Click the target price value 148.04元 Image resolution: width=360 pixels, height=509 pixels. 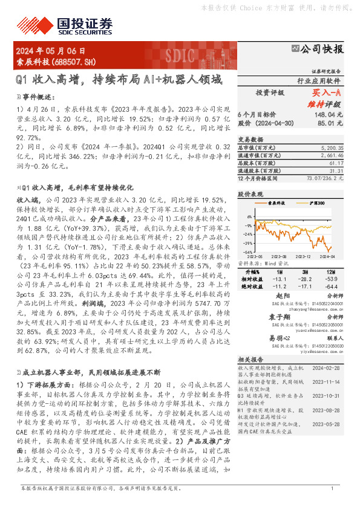click(330, 114)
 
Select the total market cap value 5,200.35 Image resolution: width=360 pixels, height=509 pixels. click(333, 147)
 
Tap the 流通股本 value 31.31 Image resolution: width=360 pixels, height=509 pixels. click(336, 171)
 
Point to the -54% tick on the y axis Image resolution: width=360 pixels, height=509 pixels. click(247, 252)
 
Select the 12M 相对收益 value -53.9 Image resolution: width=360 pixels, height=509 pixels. click(331, 279)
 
